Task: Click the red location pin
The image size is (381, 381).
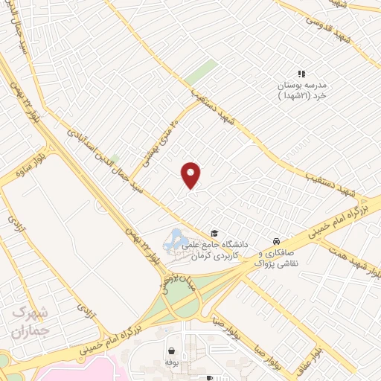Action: click(x=192, y=174)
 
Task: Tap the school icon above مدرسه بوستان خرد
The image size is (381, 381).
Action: click(x=301, y=74)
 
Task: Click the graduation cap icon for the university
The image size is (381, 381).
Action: click(x=215, y=233)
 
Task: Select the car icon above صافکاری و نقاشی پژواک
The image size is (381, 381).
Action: click(x=276, y=242)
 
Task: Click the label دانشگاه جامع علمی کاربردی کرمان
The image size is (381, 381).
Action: click(x=224, y=249)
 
